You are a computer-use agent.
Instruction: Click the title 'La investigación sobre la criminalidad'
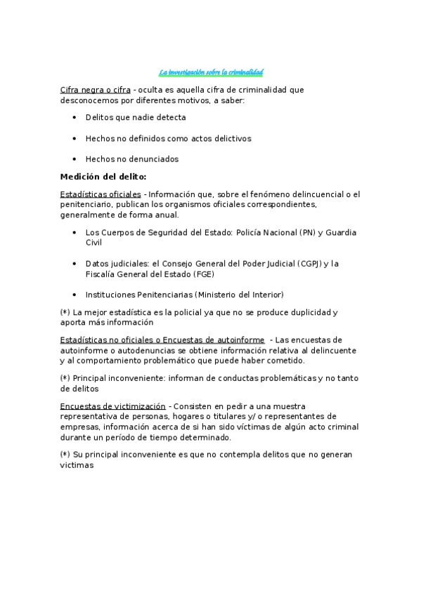point(211,72)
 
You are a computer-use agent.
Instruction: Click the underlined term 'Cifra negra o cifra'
point(95,91)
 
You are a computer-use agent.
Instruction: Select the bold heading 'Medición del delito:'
point(103,177)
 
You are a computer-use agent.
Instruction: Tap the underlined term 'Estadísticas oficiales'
point(101,194)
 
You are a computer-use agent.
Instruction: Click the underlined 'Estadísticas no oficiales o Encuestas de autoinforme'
point(162,340)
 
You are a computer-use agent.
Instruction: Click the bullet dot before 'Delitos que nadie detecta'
point(75,118)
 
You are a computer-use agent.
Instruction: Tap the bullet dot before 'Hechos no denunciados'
point(75,159)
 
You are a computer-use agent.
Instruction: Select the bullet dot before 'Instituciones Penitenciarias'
point(75,295)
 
